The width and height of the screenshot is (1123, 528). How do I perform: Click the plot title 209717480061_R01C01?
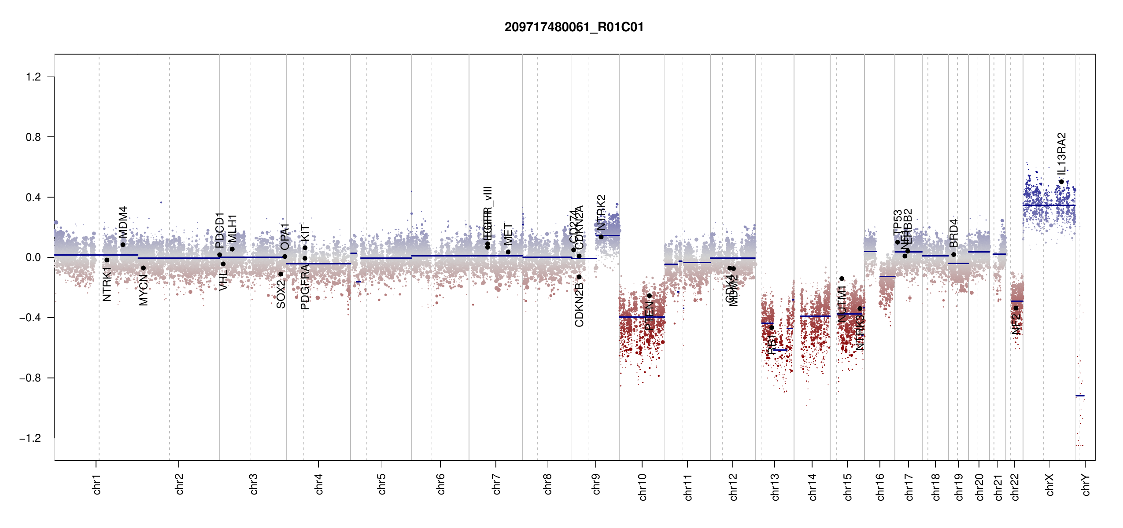[x=574, y=27]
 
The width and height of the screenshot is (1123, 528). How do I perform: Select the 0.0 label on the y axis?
[x=33, y=257]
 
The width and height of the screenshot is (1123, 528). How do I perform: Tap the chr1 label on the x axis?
[x=97, y=484]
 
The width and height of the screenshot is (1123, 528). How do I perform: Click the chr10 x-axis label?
[x=643, y=487]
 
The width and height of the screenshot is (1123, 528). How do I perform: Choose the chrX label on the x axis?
[x=1050, y=485]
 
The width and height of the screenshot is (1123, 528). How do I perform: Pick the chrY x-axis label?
[x=1086, y=485]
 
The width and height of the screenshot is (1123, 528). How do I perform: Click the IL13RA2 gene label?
[x=1062, y=153]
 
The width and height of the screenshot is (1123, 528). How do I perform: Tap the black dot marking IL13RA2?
[x=1061, y=182]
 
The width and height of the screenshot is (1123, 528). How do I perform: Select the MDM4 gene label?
[x=123, y=222]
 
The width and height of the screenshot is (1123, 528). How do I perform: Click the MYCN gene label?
[x=144, y=290]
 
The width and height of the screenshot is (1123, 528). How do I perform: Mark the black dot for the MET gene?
[x=508, y=252]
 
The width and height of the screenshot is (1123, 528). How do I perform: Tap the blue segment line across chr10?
[x=642, y=317]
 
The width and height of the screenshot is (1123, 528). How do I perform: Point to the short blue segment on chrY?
[x=1080, y=396]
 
